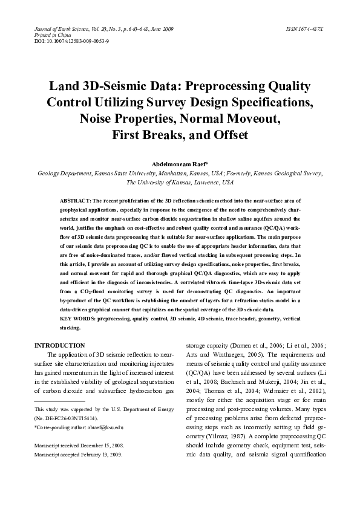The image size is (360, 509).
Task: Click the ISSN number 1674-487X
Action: (304, 29)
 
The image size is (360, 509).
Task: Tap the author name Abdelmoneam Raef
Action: (180, 163)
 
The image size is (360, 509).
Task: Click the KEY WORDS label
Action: (77, 318)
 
